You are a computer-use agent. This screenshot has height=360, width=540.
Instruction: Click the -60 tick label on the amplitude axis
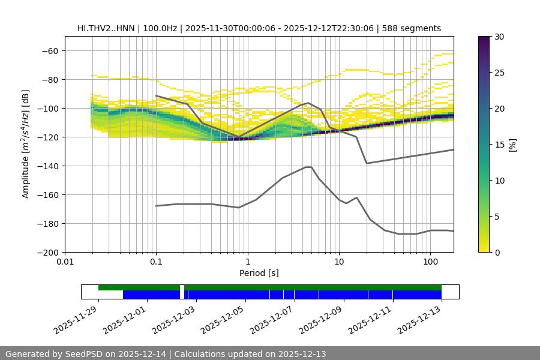(50, 50)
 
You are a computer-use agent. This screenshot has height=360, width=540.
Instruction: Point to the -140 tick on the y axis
(50, 166)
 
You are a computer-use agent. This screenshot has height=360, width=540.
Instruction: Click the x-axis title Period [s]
(259, 274)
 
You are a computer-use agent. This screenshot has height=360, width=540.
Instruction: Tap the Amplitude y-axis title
(26, 144)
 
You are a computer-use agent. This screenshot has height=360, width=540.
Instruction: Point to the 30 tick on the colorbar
(499, 37)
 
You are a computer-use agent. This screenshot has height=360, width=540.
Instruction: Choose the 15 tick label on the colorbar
(499, 145)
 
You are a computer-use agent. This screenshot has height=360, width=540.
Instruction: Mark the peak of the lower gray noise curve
(308, 167)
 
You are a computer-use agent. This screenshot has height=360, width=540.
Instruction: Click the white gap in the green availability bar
(182, 287)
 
